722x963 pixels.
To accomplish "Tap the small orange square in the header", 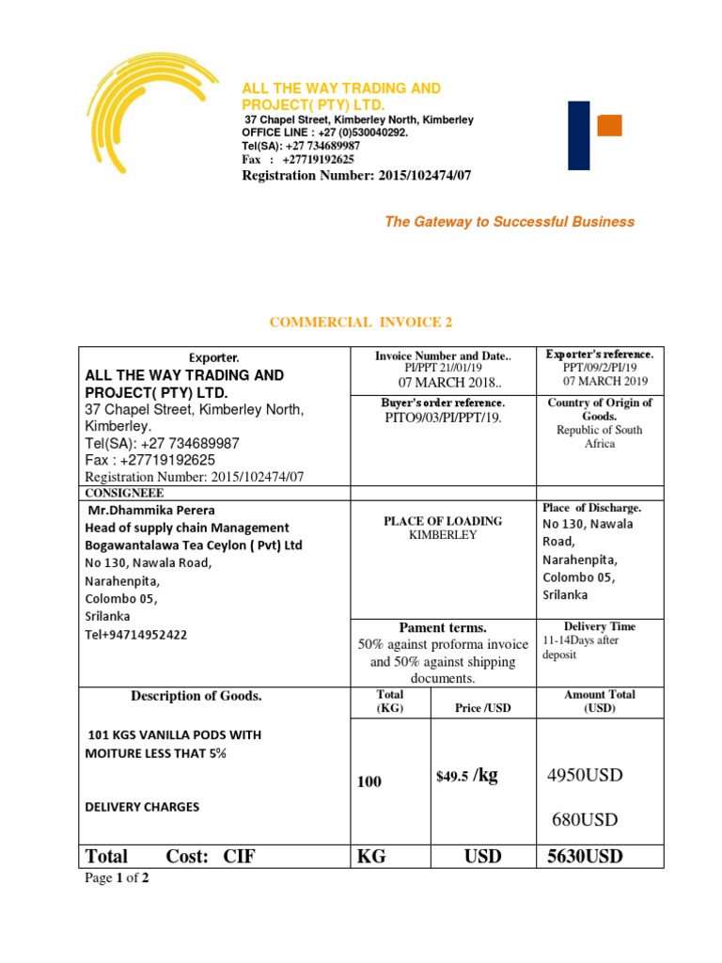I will click(x=610, y=125).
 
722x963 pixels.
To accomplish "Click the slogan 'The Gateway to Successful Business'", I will click(x=510, y=222).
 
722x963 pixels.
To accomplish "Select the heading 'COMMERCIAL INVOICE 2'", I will click(x=361, y=323).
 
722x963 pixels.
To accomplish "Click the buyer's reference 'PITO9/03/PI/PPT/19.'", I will click(x=442, y=417).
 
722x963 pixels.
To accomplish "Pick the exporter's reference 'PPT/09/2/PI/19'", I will click(x=600, y=368).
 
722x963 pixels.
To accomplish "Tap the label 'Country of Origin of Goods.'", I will click(x=600, y=409).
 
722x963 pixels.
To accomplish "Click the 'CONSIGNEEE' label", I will click(x=124, y=493).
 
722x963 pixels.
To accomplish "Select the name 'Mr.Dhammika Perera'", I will click(x=151, y=510).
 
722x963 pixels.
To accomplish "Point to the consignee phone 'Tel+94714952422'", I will click(x=136, y=635).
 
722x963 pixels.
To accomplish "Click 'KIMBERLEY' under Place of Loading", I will click(x=442, y=535).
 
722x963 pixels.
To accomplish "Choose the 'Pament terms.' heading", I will click(x=442, y=627).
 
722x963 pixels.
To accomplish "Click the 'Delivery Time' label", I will click(x=600, y=626).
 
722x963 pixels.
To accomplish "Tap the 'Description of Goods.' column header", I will click(x=196, y=696).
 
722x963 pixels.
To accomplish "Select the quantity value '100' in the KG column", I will click(x=369, y=781).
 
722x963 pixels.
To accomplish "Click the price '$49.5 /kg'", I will click(x=467, y=776).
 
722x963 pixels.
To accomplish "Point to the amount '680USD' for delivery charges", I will click(x=585, y=820).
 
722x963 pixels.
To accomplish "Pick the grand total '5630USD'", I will click(x=585, y=857).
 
